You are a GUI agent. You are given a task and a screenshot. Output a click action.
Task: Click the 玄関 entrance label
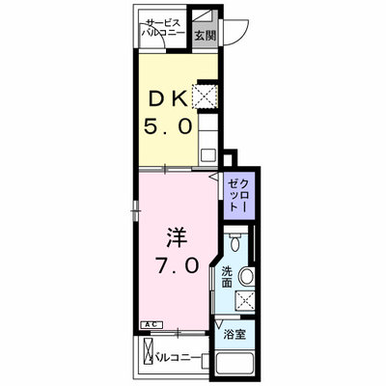205,36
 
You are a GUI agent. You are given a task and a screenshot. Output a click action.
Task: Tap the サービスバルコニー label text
164,28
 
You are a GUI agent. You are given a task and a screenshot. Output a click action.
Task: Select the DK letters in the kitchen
167,99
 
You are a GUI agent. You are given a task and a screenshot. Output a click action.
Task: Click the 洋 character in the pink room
176,238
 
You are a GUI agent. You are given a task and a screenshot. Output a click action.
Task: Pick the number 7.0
177,265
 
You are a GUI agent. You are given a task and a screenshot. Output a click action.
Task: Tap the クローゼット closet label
238,195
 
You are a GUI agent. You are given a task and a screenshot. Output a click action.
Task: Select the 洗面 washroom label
227,277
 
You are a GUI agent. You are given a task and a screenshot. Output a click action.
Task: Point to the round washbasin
247,276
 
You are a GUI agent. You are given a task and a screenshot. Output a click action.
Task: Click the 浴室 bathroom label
234,335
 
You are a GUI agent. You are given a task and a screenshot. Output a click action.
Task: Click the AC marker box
152,325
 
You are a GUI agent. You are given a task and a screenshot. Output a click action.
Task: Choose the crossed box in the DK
206,96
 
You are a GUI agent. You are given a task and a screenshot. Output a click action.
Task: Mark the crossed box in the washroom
245,301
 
